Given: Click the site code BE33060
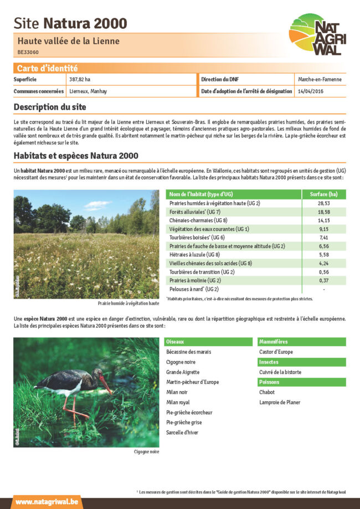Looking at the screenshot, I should pyautogui.click(x=28, y=52).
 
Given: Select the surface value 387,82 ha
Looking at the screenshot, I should pyautogui.click(x=80, y=79).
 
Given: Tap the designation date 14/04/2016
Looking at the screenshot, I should pyautogui.click(x=311, y=91).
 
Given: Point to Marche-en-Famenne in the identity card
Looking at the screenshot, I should pyautogui.click(x=320, y=79).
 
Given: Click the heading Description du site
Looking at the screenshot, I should pyautogui.click(x=50, y=106).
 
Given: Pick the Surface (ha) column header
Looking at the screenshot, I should pyautogui.click(x=324, y=194).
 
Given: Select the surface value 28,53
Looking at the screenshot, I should pyautogui.click(x=324, y=203).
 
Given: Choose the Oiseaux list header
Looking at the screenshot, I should pyautogui.click(x=175, y=342).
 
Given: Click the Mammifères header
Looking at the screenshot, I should pyautogui.click(x=274, y=342).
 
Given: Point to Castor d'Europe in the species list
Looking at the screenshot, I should pyautogui.click(x=276, y=352).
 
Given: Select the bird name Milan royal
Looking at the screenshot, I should pyautogui.click(x=178, y=402).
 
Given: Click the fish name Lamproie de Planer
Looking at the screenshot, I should pyautogui.click(x=280, y=402).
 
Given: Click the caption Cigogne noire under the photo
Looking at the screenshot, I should pyautogui.click(x=146, y=452).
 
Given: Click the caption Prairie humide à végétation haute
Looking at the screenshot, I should pyautogui.click(x=128, y=304).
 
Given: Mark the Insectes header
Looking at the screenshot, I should pyautogui.click(x=269, y=362).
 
